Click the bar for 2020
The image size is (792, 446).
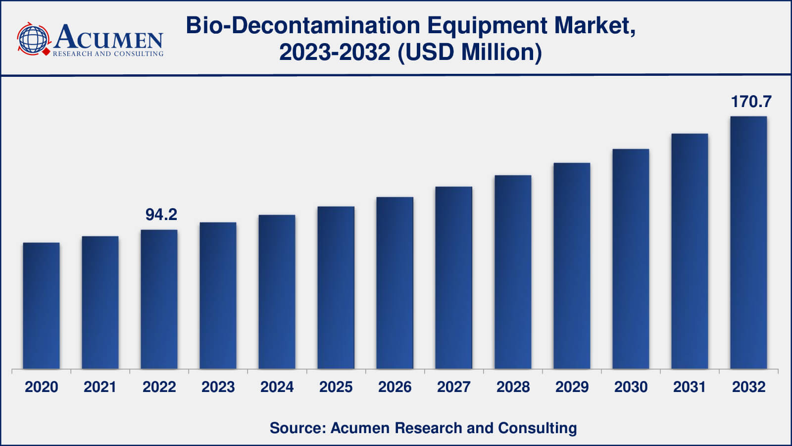[x=41, y=306]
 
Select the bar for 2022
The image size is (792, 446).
[x=159, y=299]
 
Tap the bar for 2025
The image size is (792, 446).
[x=336, y=287]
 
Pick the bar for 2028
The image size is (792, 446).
[x=513, y=272]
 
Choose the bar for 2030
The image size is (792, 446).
[x=631, y=259]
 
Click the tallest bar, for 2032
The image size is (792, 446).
[x=748, y=243]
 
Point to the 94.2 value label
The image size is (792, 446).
[x=161, y=215]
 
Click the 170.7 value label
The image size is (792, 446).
[x=751, y=102]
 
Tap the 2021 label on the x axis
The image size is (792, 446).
[x=100, y=387]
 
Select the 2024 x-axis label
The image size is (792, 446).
[x=277, y=387]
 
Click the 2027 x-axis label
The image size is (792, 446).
[x=453, y=387]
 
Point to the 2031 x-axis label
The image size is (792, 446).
[x=690, y=387]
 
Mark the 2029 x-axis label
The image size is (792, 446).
[x=572, y=387]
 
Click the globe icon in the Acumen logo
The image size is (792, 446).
[x=33, y=39]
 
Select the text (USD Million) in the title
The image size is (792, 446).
[x=470, y=52]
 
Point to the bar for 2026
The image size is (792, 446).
[x=395, y=283]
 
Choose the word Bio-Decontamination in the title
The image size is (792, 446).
[x=303, y=25]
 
